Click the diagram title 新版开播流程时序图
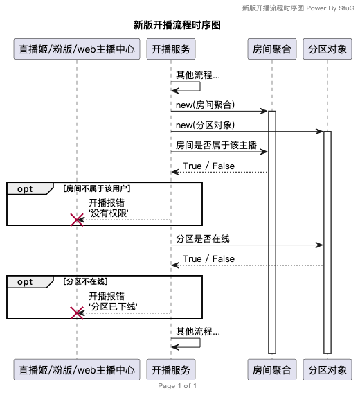pos(177,25)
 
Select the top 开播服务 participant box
pos(171,49)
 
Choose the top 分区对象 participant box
pos(327,49)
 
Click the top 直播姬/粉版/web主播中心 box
pos(77,49)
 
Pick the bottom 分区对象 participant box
pos(327,369)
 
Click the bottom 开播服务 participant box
pos(171,369)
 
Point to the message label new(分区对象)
pos(205,125)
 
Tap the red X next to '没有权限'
pos(78,220)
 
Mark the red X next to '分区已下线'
pos(78,313)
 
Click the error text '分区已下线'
pos(113,306)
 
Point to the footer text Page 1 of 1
pos(177,386)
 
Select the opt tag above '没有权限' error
pos(26,188)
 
